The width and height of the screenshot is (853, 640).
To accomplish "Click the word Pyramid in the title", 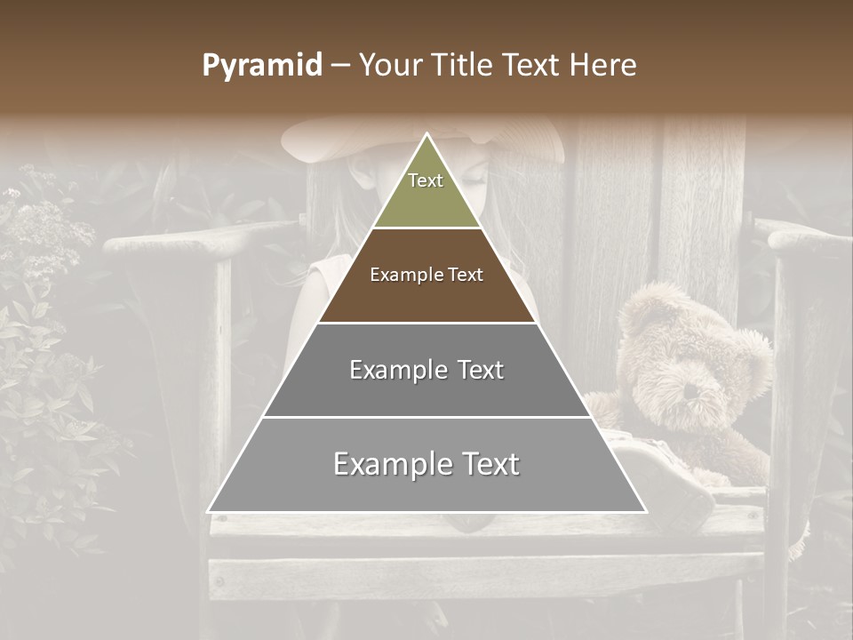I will click(262, 66).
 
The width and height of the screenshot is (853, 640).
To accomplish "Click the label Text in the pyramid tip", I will click(426, 180).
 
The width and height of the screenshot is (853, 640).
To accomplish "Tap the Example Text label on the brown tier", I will click(426, 275).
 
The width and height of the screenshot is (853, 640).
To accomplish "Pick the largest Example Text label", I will click(426, 464).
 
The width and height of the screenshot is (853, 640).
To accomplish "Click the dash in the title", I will click(340, 66).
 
